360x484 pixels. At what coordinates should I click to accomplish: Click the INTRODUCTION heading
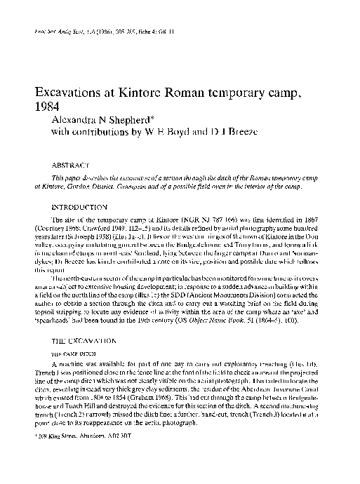(81, 208)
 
